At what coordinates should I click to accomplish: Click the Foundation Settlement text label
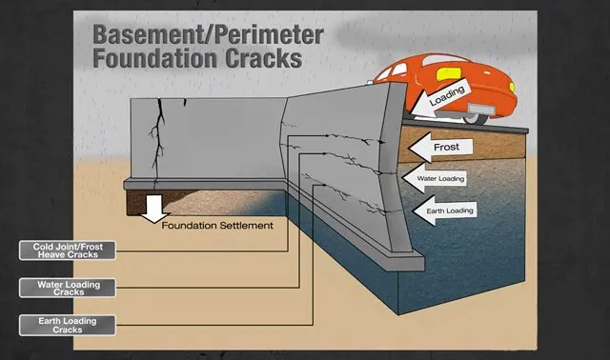(218, 226)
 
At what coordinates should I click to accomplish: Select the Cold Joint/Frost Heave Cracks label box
(67, 251)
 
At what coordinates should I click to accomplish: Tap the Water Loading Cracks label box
(67, 288)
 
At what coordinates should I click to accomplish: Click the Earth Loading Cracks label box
(67, 324)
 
